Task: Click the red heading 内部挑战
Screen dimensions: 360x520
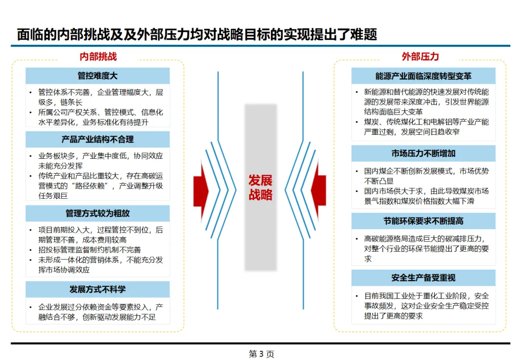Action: [x=98, y=56]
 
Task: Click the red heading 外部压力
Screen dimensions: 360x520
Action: [x=420, y=56]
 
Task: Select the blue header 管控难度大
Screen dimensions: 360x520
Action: [x=98, y=76]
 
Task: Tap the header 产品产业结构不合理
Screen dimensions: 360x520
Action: [x=98, y=140]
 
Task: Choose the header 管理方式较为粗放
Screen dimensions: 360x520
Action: [x=98, y=213]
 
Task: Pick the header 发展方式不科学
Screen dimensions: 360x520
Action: [x=98, y=289]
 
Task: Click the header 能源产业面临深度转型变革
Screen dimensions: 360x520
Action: [x=423, y=76]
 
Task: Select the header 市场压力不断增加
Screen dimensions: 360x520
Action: [x=423, y=154]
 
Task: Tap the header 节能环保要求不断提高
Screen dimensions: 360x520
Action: [x=423, y=221]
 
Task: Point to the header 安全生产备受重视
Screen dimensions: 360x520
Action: [x=423, y=278]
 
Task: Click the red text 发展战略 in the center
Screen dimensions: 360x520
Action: [x=260, y=188]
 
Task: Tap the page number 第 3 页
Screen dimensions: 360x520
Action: [x=261, y=354]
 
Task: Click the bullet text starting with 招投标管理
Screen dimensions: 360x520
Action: [x=90, y=250]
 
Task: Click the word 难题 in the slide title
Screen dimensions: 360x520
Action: [x=363, y=35]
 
